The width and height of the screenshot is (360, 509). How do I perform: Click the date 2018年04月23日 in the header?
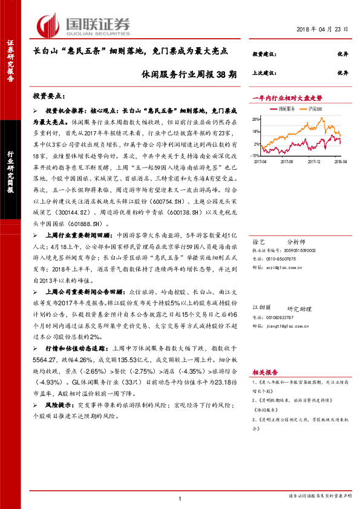(x=323, y=29)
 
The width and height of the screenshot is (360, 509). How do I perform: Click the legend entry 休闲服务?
(x=286, y=109)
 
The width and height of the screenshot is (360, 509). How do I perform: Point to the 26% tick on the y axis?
(x=257, y=119)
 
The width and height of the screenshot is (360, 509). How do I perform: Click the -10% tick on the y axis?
(x=256, y=156)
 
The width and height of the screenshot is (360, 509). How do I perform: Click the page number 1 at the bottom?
(x=180, y=498)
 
